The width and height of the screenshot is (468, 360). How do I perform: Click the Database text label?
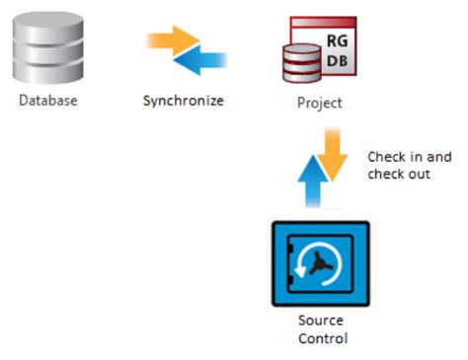pos(47,101)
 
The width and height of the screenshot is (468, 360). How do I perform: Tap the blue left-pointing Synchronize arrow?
pos(198,60)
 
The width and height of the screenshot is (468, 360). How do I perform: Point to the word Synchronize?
pos(183,101)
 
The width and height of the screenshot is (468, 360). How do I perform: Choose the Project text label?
pos(319,102)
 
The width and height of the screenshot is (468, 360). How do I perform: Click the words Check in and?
pos(407,157)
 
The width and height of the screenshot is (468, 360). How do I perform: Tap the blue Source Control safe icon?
pos(320,264)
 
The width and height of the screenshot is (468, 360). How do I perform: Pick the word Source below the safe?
pos(320,323)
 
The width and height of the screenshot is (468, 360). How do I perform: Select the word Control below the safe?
pos(320,339)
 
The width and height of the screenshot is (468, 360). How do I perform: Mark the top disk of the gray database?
pos(47,22)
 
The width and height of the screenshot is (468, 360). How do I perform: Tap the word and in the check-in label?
pos(433,157)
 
